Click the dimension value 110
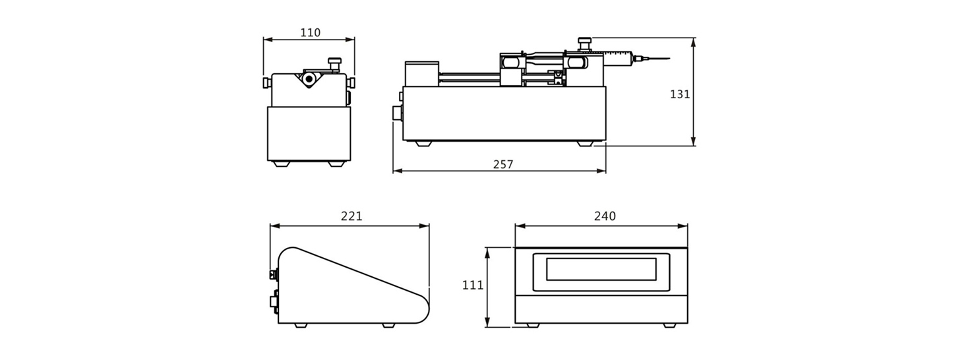click(310, 32)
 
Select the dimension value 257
click(503, 164)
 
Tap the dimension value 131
click(679, 94)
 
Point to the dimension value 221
click(351, 216)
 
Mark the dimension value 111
click(472, 285)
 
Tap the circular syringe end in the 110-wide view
click(309, 80)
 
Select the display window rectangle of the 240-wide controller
click(601, 269)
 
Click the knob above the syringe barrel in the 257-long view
click(584, 44)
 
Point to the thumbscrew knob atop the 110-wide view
click(334, 64)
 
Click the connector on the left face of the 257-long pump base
click(398, 113)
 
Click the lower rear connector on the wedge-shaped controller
click(274, 303)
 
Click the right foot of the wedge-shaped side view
click(388, 325)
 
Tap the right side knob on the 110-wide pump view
click(351, 82)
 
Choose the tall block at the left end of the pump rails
click(421, 74)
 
